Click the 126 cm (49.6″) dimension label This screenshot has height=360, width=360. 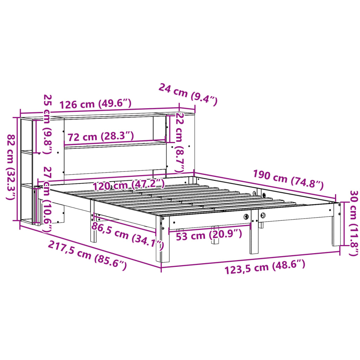(95, 104)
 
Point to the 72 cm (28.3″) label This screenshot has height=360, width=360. (101, 136)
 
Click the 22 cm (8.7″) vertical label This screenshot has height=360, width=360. (179, 142)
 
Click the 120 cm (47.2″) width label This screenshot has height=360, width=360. (128, 184)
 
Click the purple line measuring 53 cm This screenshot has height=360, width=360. (210, 227)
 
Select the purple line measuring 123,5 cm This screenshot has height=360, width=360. (250, 259)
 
